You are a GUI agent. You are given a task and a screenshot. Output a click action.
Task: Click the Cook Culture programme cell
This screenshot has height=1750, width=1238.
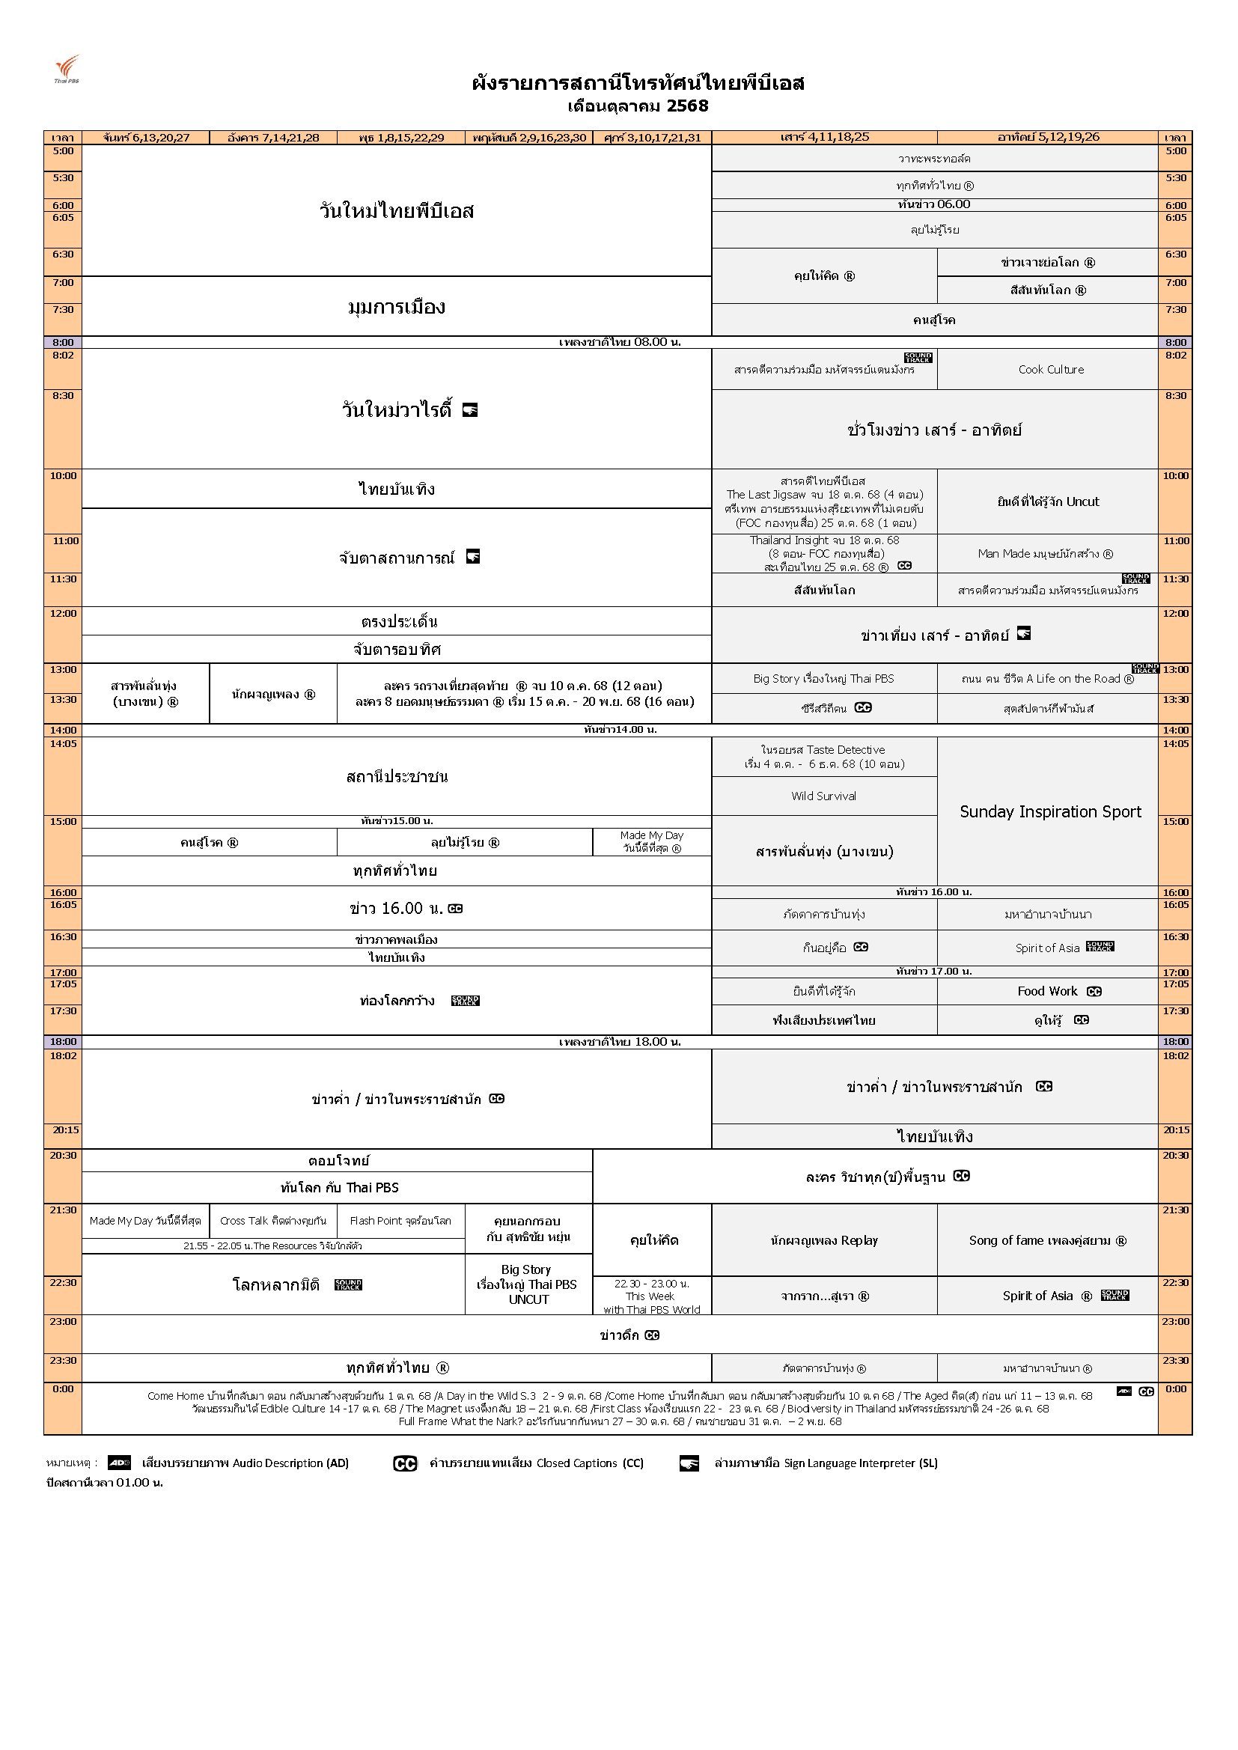1050,370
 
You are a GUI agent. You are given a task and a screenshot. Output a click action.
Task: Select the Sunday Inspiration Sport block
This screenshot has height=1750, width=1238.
1049,811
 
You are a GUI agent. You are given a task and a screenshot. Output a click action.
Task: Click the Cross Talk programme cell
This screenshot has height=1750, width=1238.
273,1221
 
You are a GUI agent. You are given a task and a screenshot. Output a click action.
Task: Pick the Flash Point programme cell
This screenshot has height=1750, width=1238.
400,1221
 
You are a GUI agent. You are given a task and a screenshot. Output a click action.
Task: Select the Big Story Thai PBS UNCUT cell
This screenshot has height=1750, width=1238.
528,1284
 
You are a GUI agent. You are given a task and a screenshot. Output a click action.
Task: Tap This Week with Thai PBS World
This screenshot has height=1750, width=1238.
651,1296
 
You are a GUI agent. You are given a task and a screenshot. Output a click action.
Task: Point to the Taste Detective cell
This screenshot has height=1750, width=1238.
823,757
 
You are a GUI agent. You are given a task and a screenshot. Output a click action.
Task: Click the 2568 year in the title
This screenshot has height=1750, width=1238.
688,106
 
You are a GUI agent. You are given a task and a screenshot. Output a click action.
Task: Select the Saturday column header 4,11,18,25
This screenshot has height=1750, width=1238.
825,138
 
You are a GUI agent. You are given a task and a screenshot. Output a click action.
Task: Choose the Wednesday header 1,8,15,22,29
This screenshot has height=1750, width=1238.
401,138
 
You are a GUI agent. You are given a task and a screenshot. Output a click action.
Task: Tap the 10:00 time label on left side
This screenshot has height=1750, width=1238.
64,476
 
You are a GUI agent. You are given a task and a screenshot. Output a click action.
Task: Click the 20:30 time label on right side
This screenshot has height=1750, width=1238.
1175,1156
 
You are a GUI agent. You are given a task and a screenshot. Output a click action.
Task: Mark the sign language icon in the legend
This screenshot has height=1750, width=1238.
689,1463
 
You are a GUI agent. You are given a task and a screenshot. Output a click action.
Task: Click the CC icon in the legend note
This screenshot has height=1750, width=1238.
405,1463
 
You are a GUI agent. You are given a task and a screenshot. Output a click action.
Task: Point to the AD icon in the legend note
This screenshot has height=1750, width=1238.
119,1463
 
